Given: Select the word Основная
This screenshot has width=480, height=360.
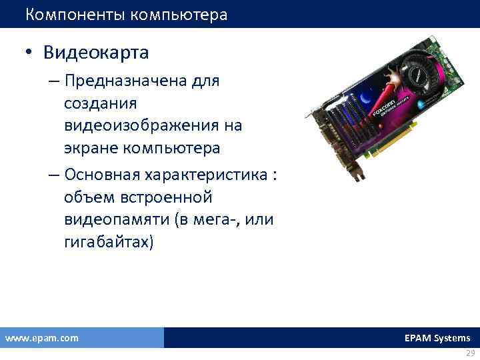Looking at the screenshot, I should (107, 175).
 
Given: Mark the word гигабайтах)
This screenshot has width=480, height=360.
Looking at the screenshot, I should (109, 242).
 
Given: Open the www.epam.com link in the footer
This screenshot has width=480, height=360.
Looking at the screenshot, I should (41, 338).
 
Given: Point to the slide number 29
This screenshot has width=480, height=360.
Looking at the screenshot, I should (469, 353).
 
